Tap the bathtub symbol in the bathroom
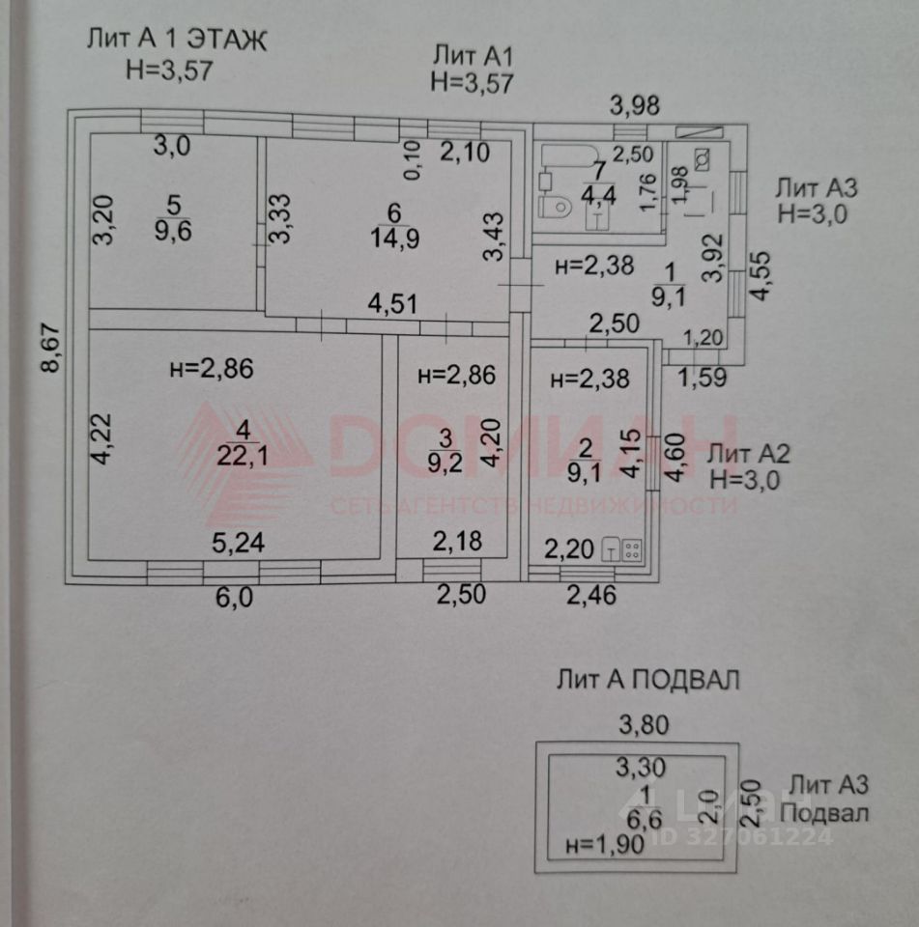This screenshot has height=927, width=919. click(x=561, y=159)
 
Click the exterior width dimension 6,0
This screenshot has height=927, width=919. click(x=233, y=597)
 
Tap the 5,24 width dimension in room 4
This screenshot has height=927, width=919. click(x=238, y=544)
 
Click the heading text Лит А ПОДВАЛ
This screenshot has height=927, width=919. click(x=647, y=680)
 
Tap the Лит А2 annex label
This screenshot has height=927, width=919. click(x=750, y=453)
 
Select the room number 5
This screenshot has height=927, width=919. click(x=173, y=206)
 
